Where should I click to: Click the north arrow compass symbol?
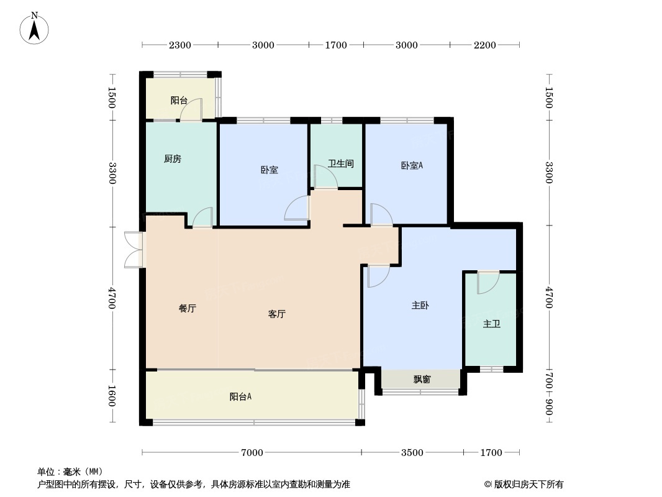[x=35, y=28]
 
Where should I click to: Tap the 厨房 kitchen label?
[x=173, y=159]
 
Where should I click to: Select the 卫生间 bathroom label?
[x=341, y=164]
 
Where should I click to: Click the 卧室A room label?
[x=412, y=165]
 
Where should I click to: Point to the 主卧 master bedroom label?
[x=420, y=306]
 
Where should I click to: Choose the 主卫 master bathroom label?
[x=491, y=324]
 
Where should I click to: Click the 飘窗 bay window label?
[x=422, y=379]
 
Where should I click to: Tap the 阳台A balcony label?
[x=240, y=396]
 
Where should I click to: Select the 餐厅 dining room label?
[x=188, y=308]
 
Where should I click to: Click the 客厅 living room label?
[x=277, y=314]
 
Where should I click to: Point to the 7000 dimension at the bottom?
[x=252, y=453]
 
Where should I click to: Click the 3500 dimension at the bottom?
[x=412, y=453]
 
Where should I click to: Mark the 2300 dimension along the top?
[x=180, y=45]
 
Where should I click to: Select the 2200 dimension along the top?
[x=485, y=45]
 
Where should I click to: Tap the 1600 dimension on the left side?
[x=112, y=396]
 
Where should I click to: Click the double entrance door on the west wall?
[x=134, y=250]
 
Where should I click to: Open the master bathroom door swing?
[x=488, y=283]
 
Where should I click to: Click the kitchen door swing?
[x=202, y=218]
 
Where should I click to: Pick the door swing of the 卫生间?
[x=325, y=176]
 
